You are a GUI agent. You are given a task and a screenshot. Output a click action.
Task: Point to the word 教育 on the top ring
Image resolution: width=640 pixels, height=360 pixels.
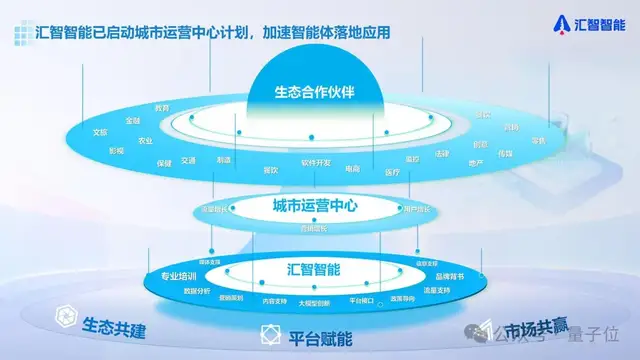pyautogui.click(x=162, y=108)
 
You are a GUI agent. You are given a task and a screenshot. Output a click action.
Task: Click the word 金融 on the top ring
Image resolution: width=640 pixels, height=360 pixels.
pyautogui.click(x=133, y=120)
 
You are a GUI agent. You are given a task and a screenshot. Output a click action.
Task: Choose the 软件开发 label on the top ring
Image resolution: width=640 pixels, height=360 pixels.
pyautogui.click(x=315, y=162)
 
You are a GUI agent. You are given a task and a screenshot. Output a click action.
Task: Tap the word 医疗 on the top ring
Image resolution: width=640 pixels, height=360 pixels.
pyautogui.click(x=391, y=172)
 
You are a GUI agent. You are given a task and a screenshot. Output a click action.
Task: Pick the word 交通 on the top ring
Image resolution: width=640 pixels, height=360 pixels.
pyautogui.click(x=189, y=160)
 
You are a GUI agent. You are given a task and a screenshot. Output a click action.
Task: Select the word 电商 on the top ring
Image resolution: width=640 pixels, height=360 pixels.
pyautogui.click(x=353, y=169)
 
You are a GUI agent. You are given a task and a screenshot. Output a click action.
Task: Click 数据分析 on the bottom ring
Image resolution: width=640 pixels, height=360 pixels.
pyautogui.click(x=197, y=290)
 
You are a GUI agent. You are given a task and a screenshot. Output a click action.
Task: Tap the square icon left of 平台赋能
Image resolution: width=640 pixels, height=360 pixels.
pyautogui.click(x=268, y=335)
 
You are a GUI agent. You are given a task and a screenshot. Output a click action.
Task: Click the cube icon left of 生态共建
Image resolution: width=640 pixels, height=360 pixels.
pyautogui.click(x=67, y=321)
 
